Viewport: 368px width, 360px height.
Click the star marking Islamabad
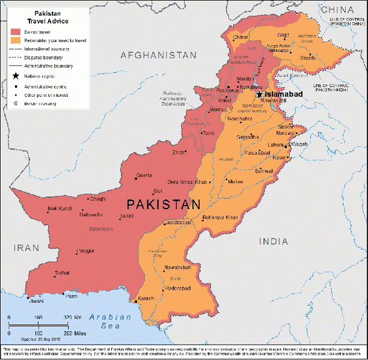tap(259, 94)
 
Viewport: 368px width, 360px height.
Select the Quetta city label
tap(144, 175)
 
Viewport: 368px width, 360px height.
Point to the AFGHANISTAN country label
tap(158, 55)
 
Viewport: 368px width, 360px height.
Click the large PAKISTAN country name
tap(163, 205)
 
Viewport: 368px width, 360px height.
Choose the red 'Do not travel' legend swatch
tap(16, 31)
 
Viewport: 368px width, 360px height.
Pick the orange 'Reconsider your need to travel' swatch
tap(16, 40)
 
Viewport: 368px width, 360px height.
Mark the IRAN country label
tap(26, 248)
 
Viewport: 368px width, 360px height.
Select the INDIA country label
tap(274, 241)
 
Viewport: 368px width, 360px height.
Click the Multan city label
tap(234, 181)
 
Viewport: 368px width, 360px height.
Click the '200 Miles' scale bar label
tap(75, 333)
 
